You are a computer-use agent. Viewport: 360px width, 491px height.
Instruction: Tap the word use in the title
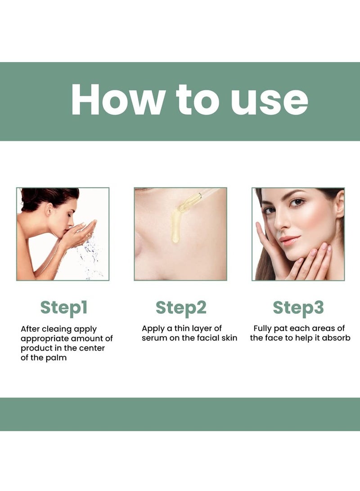pyautogui.click(x=269, y=100)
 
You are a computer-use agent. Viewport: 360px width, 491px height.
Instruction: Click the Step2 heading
pyautogui.click(x=181, y=308)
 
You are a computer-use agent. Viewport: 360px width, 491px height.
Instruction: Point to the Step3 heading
pyautogui.click(x=298, y=308)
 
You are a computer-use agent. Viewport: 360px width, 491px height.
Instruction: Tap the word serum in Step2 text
pyautogui.click(x=155, y=338)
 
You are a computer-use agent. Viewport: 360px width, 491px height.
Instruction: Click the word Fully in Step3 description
pyautogui.click(x=263, y=329)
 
